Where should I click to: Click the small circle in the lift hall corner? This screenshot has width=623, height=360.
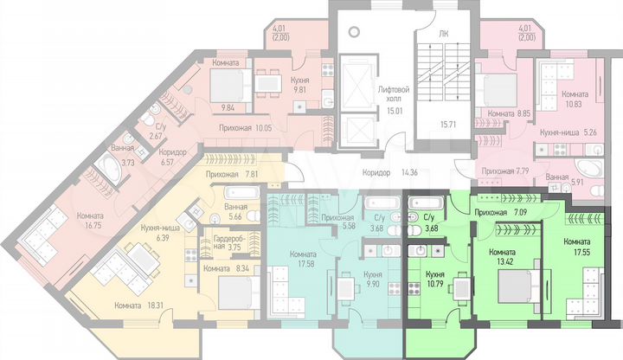click(x=352, y=31)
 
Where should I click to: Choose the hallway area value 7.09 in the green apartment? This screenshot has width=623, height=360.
click(x=525, y=210)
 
